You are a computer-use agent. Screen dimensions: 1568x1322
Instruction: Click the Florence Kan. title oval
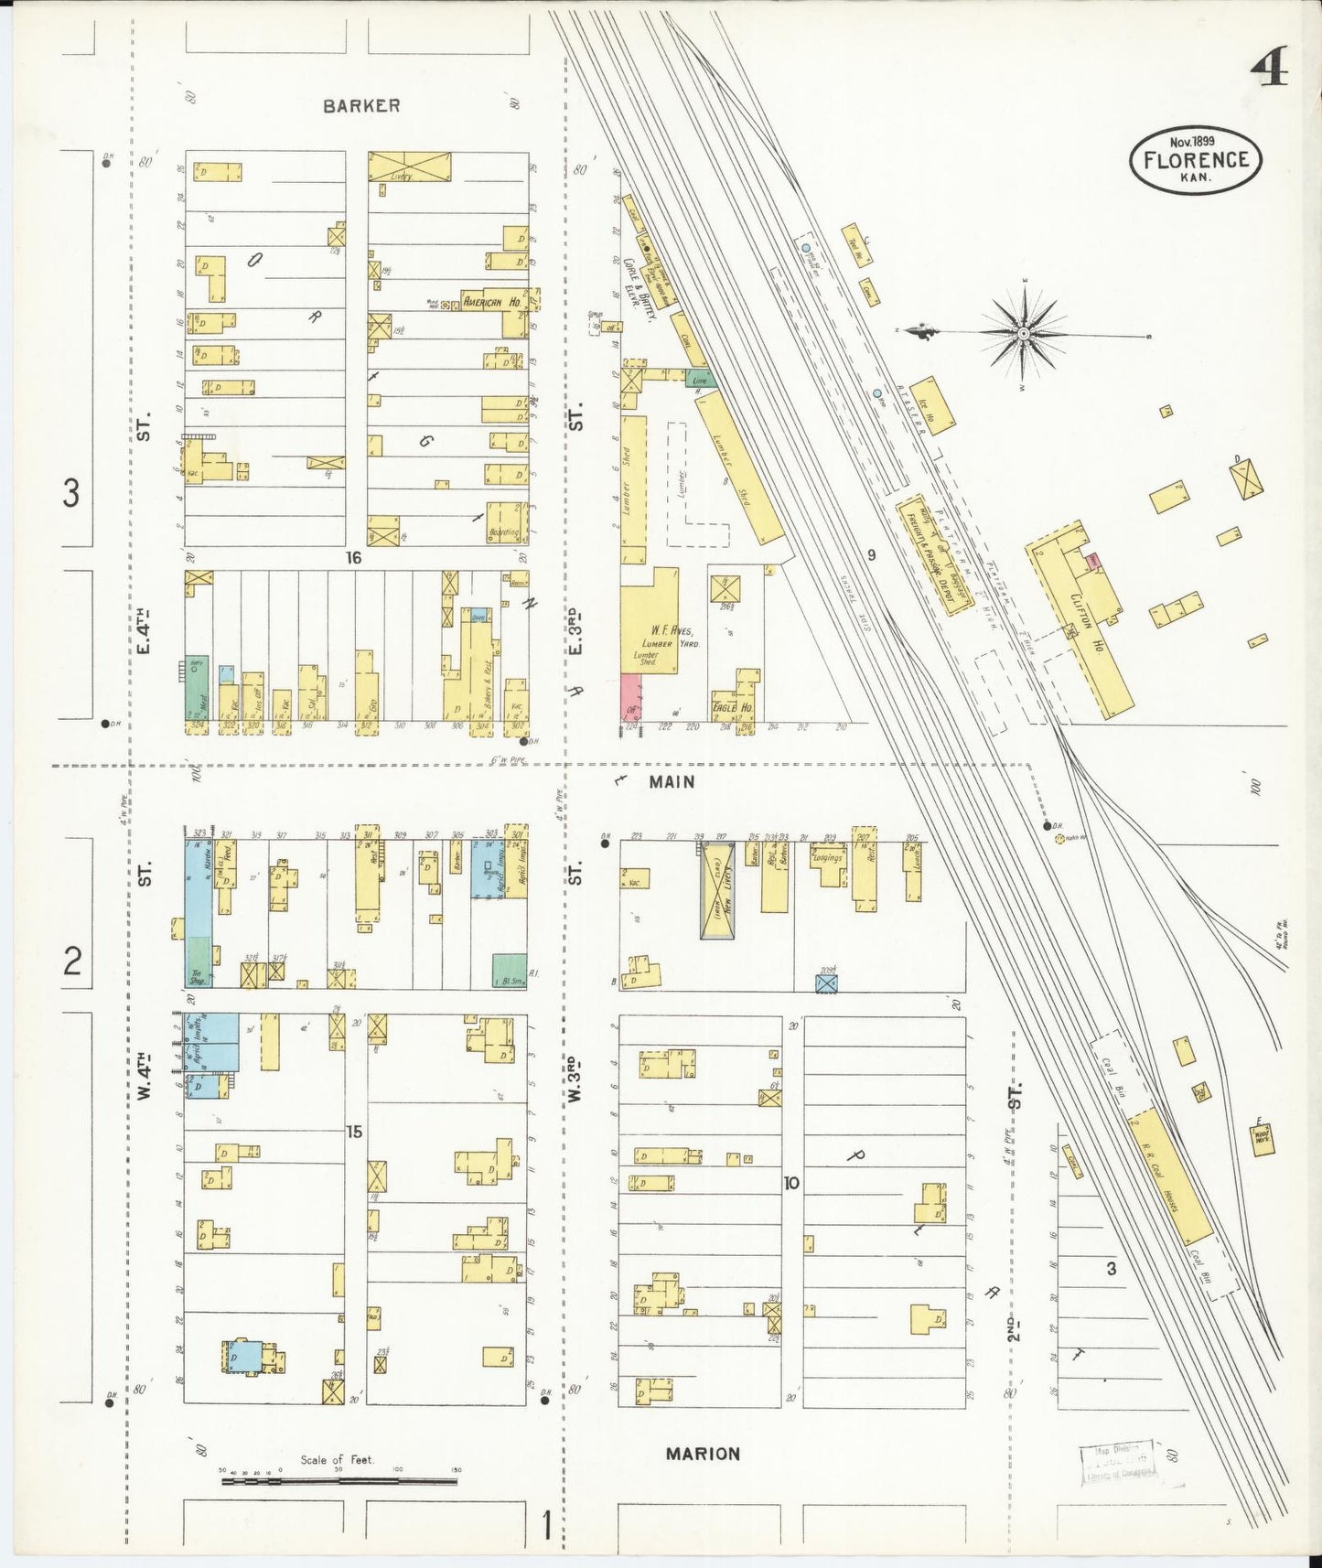point(1195,161)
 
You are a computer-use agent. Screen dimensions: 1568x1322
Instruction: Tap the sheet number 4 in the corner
point(1269,66)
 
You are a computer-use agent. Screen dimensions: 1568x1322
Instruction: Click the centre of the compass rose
point(1023,334)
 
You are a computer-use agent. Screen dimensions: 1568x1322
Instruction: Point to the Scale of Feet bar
point(339,1479)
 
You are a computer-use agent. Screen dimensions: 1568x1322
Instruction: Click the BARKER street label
point(361,106)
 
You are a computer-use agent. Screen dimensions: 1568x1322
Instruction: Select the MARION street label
point(703,1454)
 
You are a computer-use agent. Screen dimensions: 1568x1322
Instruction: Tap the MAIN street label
point(672,782)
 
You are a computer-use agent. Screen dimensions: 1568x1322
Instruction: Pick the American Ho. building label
point(491,302)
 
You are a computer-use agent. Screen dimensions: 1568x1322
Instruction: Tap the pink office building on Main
point(630,701)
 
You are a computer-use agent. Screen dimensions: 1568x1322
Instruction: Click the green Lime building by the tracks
point(702,379)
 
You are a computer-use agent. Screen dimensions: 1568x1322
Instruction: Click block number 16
point(354,557)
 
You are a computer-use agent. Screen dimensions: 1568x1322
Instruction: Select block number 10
point(791,1183)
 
